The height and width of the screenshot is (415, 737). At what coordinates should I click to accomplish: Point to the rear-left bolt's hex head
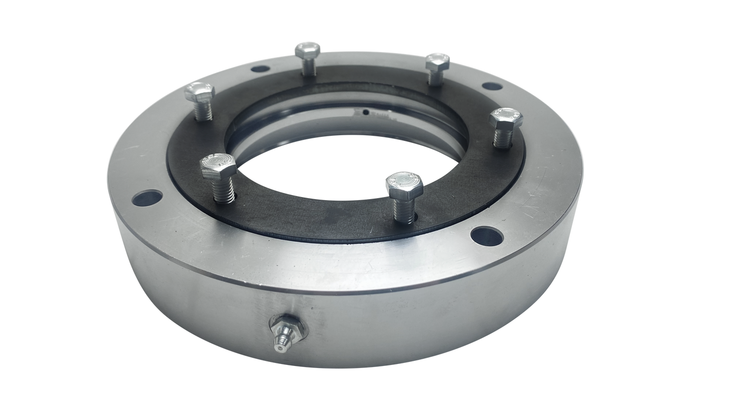pyautogui.click(x=308, y=51)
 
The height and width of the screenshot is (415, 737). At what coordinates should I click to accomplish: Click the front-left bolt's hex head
pyautogui.click(x=219, y=167)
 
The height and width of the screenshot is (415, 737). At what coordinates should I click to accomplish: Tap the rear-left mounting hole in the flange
pyautogui.click(x=260, y=69)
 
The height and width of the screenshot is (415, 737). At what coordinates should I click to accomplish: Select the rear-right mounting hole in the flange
pyautogui.click(x=492, y=86)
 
